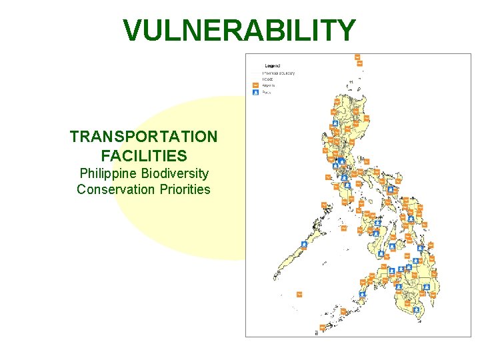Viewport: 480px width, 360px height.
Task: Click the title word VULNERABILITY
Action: tap(239, 31)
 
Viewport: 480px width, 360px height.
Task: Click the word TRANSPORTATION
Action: tap(143, 137)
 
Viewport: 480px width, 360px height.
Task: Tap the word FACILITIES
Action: tap(143, 156)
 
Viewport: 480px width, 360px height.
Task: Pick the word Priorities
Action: tap(185, 189)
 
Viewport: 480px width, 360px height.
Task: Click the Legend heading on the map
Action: tap(272, 66)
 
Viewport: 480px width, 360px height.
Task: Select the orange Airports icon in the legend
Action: tap(255, 85)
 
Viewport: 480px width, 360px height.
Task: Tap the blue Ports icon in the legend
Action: tap(255, 93)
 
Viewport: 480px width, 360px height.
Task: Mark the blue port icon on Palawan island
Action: tap(304, 244)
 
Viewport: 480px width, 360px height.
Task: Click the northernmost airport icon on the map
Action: tap(357, 57)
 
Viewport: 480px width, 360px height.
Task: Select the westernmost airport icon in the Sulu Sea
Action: tap(299, 293)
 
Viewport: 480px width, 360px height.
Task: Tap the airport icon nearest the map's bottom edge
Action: tap(322, 327)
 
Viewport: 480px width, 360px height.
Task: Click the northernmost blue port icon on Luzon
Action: tap(335, 123)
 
